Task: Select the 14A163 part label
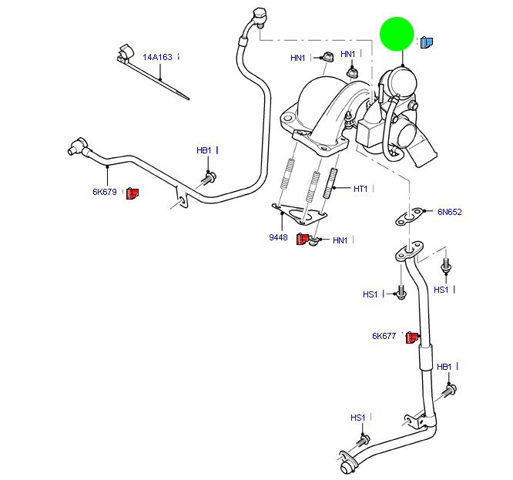pos(157,56)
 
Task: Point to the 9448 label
pos(278,237)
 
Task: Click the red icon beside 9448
pos(302,238)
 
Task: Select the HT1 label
pos(360,189)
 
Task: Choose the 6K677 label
pos(384,336)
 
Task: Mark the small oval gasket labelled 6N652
pos(407,215)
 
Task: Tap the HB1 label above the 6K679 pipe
pos(203,150)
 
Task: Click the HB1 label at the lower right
pos(444,367)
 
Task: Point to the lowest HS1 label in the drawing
pos(357,418)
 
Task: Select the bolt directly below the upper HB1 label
pos(208,179)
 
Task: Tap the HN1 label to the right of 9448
pos(340,240)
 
